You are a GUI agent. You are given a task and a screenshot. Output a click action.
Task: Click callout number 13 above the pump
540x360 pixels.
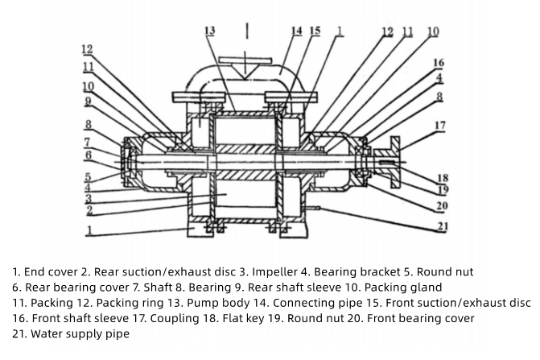point(210,31)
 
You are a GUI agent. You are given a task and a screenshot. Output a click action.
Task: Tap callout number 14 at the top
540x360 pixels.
point(296,31)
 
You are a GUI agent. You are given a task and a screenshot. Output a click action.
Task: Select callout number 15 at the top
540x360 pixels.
point(315,31)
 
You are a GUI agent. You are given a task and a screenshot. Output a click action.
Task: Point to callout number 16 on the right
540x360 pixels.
point(439,63)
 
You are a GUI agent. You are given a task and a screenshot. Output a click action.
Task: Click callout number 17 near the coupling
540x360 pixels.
point(439,125)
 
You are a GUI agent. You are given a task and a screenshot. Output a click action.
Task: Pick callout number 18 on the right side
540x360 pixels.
point(442,177)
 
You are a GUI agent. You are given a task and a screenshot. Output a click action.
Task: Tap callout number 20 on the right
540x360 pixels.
point(442,205)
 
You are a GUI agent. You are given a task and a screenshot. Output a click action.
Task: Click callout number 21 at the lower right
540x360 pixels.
point(442,226)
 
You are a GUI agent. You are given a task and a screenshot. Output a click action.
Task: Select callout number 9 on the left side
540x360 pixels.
point(88,102)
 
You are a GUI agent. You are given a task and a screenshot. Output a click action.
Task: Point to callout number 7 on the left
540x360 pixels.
point(88,142)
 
